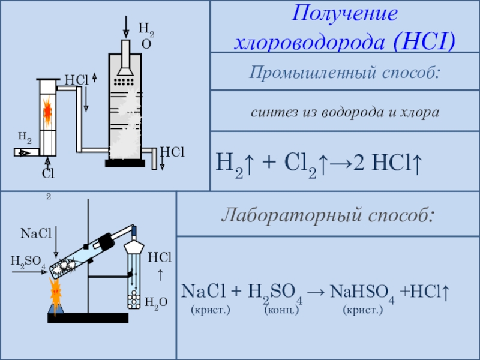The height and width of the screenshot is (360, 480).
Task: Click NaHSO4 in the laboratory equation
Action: (362, 292)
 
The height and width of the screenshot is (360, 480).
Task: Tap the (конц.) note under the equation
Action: (281, 310)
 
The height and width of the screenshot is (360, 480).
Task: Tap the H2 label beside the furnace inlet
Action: (25, 137)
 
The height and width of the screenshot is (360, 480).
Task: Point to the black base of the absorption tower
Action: (125, 163)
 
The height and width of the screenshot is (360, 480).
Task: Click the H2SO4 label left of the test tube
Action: (28, 261)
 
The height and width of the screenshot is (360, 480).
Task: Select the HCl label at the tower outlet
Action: (172, 153)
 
